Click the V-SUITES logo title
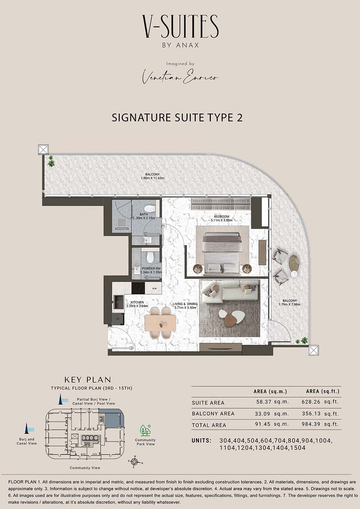[180, 26]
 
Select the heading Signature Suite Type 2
[177, 118]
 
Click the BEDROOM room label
[221, 217]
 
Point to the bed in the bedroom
[222, 254]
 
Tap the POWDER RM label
[151, 268]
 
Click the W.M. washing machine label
[154, 289]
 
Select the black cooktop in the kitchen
[138, 288]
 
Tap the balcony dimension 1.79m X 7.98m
[289, 304]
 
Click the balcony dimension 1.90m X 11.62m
[152, 178]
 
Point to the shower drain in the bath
[122, 222]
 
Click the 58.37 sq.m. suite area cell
[273, 402]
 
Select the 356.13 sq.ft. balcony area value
[320, 413]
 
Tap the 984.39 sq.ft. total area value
[320, 424]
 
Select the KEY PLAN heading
[88, 380]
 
